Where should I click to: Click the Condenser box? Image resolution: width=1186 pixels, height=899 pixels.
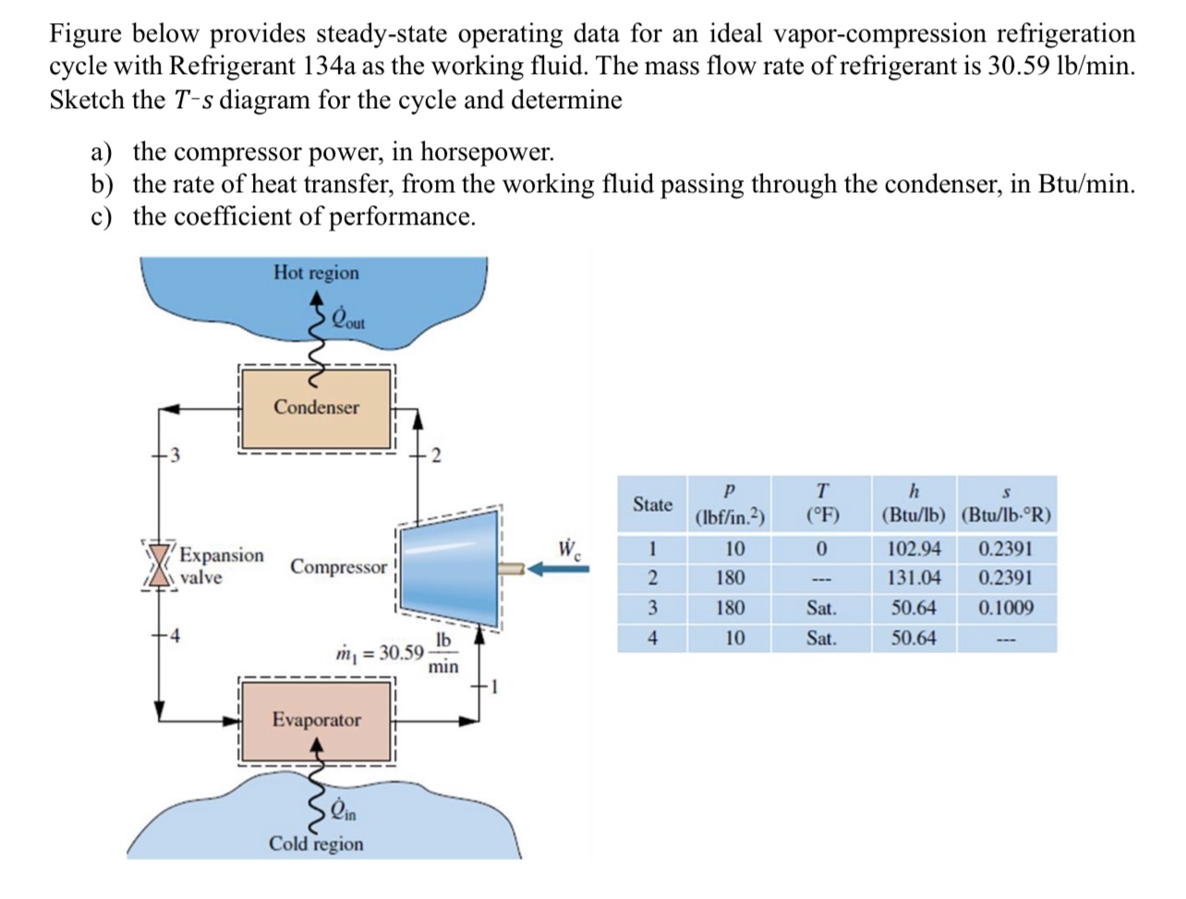click(x=316, y=407)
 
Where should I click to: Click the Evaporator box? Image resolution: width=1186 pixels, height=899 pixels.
click(x=316, y=720)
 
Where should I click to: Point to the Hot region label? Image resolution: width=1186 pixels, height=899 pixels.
click(x=316, y=273)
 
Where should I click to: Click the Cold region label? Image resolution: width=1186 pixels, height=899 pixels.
click(x=316, y=844)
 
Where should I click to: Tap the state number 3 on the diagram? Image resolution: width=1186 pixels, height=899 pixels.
click(x=173, y=455)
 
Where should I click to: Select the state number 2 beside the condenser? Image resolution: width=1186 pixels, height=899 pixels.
click(x=437, y=455)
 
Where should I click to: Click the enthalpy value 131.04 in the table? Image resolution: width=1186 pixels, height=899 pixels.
click(x=913, y=578)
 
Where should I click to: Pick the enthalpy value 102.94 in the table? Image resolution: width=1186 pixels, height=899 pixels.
click(x=913, y=549)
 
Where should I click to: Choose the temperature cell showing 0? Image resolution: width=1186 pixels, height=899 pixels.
click(x=819, y=549)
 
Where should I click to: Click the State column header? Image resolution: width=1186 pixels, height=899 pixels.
click(x=652, y=504)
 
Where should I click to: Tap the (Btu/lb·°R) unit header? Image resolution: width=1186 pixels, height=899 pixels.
click(x=1006, y=516)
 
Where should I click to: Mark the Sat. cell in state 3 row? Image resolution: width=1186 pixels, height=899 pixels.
click(x=820, y=608)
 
